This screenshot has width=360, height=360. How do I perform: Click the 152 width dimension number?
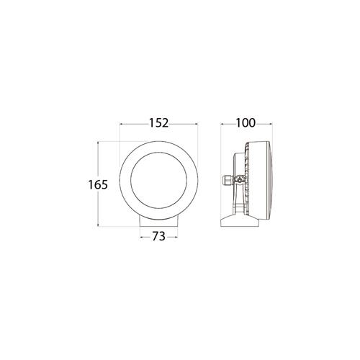coord(159,123)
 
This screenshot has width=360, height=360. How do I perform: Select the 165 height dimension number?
coord(98,185)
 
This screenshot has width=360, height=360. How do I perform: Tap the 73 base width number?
coord(159,237)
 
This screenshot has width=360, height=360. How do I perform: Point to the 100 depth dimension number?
coord(246,123)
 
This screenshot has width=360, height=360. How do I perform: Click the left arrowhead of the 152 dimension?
coord(121,124)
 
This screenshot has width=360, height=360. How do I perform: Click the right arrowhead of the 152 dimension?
coord(196,124)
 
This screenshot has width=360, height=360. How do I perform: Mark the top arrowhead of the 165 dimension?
coord(98,143)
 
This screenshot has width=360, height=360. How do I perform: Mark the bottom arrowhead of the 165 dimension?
coord(98,225)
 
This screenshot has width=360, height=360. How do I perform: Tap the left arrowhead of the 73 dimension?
coord(141,238)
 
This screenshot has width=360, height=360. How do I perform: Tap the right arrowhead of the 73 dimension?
coord(176,238)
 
